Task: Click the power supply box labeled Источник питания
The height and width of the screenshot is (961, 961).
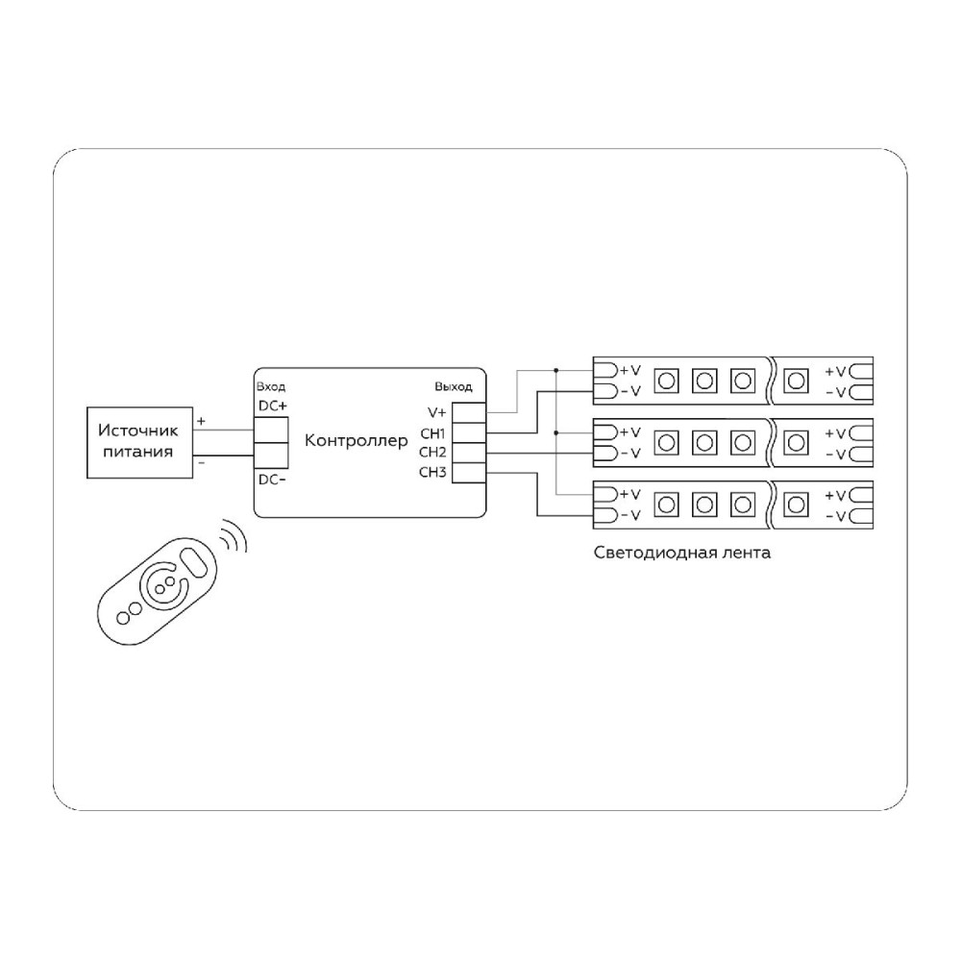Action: [139, 442]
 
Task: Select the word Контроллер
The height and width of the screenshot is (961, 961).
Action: [357, 441]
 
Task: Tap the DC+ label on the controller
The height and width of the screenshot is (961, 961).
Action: [273, 406]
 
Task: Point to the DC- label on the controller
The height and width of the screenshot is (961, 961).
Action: [272, 480]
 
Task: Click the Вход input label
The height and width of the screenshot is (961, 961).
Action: [271, 386]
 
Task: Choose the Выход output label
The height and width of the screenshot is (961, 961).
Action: [454, 386]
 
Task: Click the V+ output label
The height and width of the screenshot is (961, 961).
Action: [437, 412]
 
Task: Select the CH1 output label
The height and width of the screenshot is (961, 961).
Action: [432, 434]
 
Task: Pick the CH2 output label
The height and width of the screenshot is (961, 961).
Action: [432, 453]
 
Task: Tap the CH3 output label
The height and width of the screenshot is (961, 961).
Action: [432, 472]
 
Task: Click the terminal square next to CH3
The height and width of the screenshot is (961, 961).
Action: [469, 473]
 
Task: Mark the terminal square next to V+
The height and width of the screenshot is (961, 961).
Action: [469, 412]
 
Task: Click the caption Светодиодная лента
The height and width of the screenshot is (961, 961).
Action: [682, 553]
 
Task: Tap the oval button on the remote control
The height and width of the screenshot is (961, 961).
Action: [195, 561]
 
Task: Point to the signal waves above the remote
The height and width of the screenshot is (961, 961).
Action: [234, 535]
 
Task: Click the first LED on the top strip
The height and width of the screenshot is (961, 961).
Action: [666, 382]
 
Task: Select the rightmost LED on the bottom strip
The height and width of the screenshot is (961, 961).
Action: [796, 505]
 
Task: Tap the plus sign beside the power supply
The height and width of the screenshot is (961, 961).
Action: [201, 422]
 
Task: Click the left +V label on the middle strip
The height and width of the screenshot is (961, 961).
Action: [630, 432]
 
